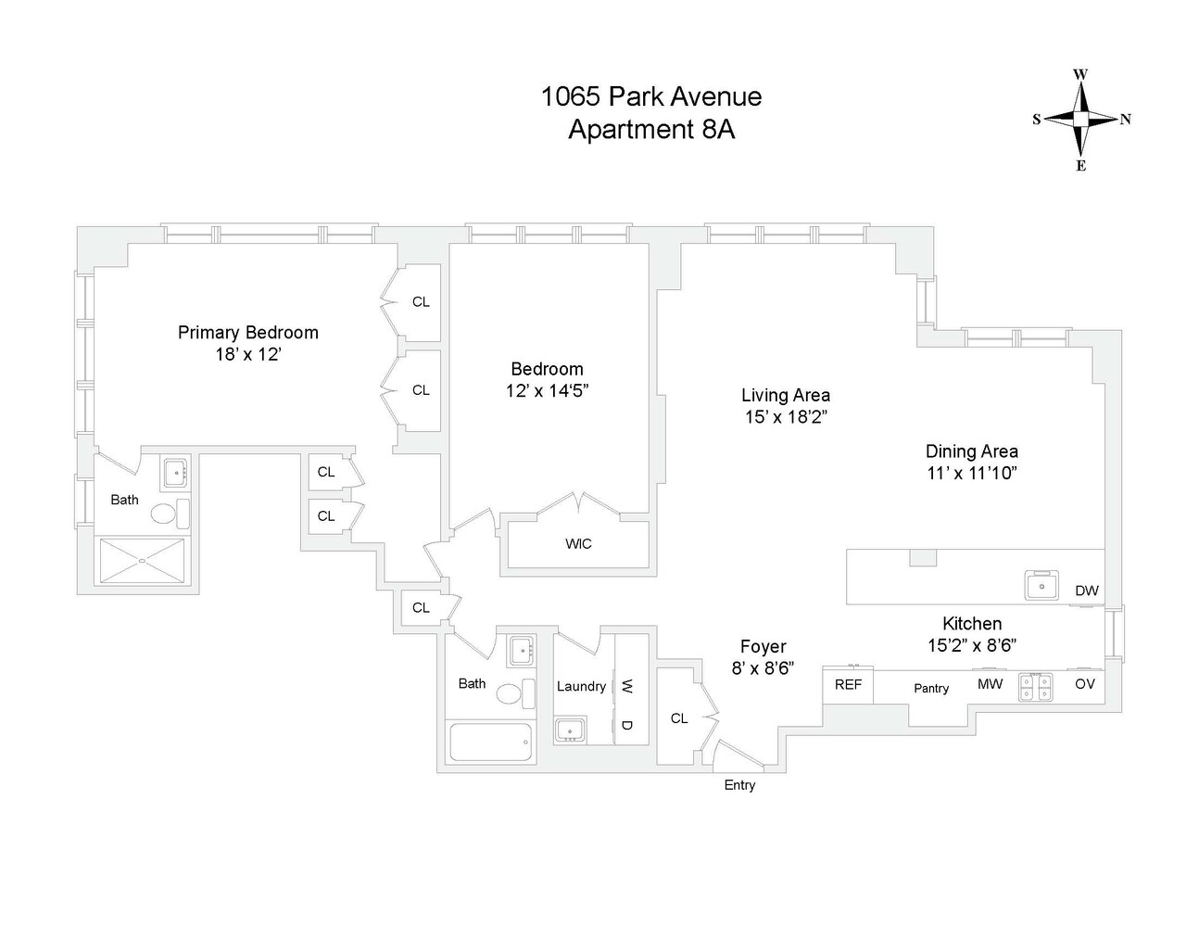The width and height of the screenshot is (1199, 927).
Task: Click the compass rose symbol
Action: click(1080, 120)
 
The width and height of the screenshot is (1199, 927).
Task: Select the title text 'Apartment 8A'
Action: click(650, 130)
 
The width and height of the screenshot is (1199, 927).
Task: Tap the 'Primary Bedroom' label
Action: click(247, 332)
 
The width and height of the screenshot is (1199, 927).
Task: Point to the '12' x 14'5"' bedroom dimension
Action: click(547, 391)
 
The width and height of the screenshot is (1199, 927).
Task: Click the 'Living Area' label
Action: click(785, 395)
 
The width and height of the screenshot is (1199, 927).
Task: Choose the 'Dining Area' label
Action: click(971, 451)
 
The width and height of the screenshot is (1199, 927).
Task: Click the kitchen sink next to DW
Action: click(1042, 586)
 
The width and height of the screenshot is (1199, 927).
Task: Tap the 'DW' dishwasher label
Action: click(1086, 590)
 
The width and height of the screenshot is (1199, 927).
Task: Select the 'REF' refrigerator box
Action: click(848, 685)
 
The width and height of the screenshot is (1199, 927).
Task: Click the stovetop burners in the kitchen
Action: click(1035, 686)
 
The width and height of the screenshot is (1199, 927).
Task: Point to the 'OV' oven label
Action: click(1084, 684)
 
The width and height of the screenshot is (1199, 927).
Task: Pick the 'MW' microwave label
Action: click(990, 684)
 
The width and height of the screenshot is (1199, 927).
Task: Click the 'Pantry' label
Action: click(930, 688)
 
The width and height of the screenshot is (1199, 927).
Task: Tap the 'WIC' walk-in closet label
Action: click(578, 543)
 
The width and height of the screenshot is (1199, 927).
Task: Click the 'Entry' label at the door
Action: click(738, 785)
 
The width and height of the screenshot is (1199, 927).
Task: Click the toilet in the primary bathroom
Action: click(165, 514)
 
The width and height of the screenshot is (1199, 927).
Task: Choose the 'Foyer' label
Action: click(763, 647)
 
